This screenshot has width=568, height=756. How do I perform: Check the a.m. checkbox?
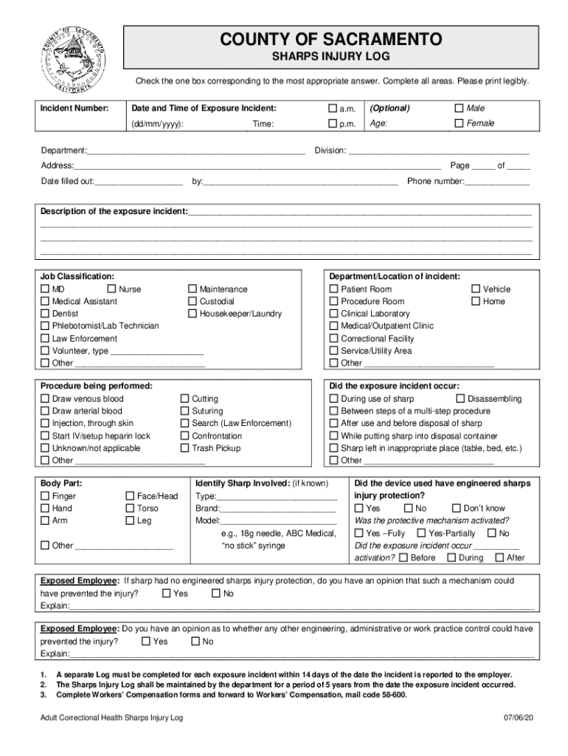click(333, 109)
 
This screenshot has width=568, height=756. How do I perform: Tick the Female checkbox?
click(459, 123)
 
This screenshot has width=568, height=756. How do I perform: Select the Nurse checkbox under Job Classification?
click(112, 289)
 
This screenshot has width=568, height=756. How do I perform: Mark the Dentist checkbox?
click(45, 314)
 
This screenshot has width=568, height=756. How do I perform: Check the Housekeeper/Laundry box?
click(193, 314)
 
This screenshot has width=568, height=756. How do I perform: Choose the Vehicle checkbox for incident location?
click(476, 289)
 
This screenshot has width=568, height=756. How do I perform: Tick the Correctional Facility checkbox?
click(333, 339)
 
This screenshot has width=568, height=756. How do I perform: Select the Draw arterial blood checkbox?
click(45, 411)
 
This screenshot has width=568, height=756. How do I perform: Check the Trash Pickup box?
click(185, 448)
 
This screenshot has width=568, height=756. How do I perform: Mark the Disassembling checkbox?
click(461, 399)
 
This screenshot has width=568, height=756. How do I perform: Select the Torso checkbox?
click(130, 509)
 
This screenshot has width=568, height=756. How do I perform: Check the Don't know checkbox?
click(457, 509)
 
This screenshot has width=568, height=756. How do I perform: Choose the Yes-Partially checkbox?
click(421, 533)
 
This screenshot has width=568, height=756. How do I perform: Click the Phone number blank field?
click(497, 181)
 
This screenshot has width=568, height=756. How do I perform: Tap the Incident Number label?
click(75, 109)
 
